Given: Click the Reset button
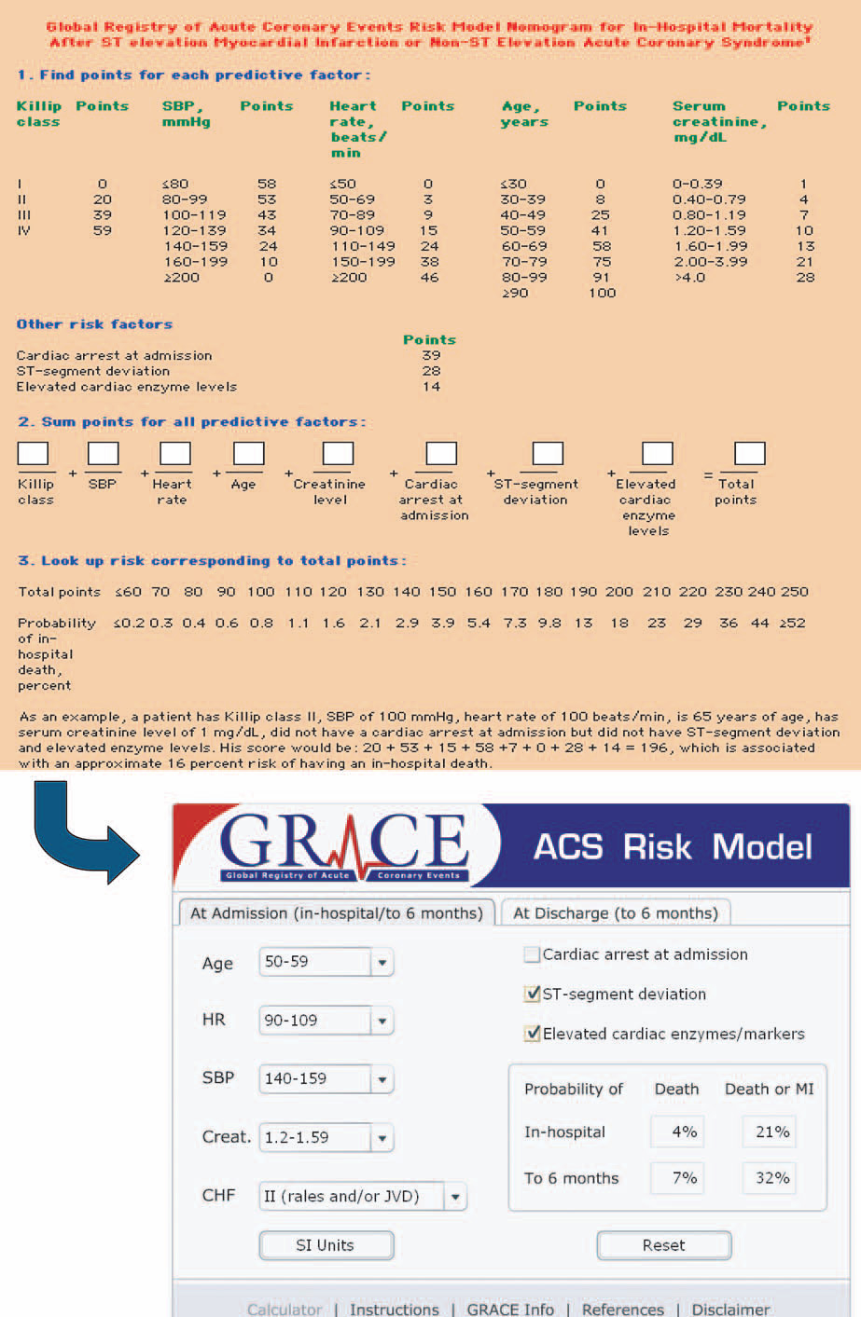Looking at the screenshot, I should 663,1245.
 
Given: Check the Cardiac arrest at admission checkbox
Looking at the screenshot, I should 533,954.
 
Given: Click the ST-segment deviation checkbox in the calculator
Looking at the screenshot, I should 533,995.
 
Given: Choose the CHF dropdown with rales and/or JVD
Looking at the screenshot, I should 362,1197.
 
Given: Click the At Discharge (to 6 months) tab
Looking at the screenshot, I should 616,913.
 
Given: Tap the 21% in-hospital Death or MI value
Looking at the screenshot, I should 771,1132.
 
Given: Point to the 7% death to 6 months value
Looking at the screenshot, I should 685,1178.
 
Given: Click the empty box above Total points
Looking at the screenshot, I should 749,454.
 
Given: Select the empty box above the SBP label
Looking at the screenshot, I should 103,454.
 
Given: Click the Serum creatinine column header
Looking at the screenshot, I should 718,121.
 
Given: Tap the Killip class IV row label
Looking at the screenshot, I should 23,230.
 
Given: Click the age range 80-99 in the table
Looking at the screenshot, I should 524,277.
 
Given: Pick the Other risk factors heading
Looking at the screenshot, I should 94,324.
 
